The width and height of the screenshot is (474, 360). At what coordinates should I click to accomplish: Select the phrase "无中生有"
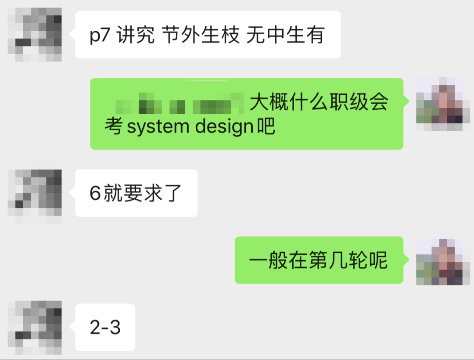285,35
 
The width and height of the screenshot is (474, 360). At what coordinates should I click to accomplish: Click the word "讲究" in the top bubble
136,35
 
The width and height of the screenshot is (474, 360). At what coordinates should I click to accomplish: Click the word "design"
224,127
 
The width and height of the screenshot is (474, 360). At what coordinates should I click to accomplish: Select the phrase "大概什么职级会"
319,104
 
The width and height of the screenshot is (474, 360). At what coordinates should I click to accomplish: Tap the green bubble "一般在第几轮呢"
319,260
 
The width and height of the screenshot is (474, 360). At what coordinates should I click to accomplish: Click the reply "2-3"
105,328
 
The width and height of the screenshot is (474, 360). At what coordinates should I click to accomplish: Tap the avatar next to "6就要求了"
35,193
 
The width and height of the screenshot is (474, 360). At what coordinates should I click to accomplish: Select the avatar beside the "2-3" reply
35,328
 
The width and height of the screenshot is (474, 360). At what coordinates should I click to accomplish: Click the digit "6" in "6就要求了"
95,194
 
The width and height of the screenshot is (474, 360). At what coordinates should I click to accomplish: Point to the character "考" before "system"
114,127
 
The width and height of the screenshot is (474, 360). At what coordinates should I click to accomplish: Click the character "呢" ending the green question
378,260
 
